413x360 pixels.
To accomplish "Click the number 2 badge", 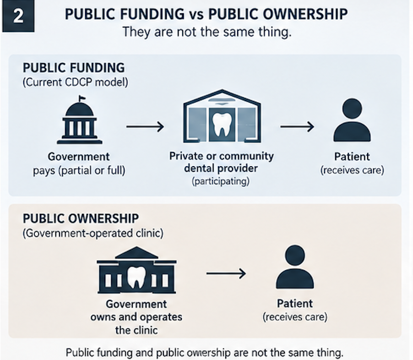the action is tap(18, 16).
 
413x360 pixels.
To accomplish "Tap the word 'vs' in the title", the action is tap(196, 15).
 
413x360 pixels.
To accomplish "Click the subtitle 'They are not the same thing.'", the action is tap(207, 32).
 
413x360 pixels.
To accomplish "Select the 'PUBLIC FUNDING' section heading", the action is tap(74, 68).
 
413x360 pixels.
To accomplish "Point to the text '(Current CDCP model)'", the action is tap(76, 82).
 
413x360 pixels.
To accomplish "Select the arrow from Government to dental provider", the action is tap(145, 127).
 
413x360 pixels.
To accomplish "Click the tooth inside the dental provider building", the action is tap(222, 125).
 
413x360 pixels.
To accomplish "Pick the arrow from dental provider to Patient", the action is tap(297, 127).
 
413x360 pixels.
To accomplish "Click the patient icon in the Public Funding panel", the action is tap(352, 120).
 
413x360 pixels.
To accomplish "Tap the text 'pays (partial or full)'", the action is tap(79, 170).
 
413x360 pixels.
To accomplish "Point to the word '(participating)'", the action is tap(221, 181).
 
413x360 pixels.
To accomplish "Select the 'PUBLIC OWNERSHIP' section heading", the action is tap(81, 218).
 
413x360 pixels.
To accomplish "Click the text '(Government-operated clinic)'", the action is tap(93, 233).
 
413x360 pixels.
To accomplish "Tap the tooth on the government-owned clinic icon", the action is tap(136, 277).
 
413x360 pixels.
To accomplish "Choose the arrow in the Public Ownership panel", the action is tap(226, 273).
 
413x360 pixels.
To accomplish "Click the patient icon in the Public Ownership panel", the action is tap(295, 267).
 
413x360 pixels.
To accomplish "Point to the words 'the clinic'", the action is tap(136, 330).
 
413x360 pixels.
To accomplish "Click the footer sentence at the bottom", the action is tap(204, 353).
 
